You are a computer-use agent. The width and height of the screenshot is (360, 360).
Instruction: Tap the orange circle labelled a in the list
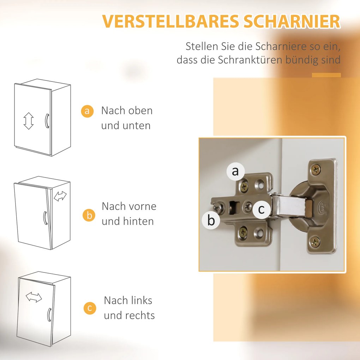87,111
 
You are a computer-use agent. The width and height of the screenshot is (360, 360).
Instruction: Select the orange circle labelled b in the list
89,215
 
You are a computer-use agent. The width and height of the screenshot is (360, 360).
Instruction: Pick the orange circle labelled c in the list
90,308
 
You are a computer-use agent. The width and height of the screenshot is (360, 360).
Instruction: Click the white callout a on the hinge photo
235,171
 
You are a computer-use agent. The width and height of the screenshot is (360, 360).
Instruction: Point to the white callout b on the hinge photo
211,220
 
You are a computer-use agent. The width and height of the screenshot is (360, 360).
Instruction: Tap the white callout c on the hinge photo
262,209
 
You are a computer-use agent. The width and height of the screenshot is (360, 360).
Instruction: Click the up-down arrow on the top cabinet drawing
29,121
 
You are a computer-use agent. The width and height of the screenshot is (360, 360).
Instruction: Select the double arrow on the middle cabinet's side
60,196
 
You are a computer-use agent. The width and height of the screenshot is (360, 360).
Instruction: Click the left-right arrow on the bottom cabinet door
34,297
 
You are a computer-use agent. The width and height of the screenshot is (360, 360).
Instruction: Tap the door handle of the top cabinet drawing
47,121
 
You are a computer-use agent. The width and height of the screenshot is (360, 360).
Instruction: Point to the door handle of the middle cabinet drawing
45,218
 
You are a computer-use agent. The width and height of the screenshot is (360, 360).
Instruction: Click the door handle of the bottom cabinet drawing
49,315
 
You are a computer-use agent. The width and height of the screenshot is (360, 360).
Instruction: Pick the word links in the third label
140,300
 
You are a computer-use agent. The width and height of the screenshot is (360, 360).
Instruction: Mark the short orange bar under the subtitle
326,75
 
